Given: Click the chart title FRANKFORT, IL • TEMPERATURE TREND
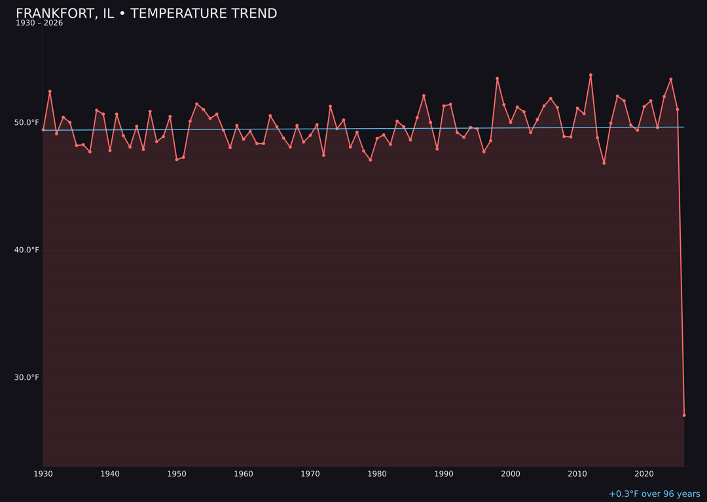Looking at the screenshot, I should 146,14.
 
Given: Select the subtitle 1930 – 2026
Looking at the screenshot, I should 39,24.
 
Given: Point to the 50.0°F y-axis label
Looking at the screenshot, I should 26,122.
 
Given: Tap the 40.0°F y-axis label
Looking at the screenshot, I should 26,250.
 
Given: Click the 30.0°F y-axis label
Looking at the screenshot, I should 26,377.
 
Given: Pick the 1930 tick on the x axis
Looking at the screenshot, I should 43,474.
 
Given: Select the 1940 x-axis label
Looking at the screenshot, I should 110,474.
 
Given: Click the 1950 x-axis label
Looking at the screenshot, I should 177,474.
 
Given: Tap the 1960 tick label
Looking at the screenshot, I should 244,474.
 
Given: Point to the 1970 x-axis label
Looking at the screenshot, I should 310,474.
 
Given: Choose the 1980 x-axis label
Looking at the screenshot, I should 377,474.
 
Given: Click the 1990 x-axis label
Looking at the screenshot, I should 444,474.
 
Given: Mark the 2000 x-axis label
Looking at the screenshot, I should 511,474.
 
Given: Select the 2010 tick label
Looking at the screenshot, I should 577,474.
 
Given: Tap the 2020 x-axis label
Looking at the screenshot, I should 644,474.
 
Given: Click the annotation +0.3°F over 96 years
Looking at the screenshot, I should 654,494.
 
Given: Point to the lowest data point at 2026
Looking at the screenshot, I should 684,415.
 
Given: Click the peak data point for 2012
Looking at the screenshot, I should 590,75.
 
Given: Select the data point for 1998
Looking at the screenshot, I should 497,78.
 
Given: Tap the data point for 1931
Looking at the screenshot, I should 50,92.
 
